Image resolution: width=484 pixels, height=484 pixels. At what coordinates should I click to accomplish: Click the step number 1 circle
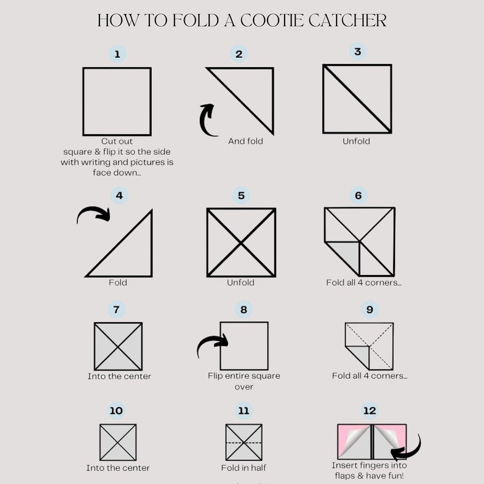click(117, 54)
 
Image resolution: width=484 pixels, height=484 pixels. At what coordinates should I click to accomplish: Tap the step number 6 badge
click(358, 196)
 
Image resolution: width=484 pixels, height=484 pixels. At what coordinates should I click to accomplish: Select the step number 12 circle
click(369, 410)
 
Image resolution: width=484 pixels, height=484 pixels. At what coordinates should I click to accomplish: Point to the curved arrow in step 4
click(93, 214)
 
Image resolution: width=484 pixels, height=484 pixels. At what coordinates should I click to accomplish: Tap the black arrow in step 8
click(212, 345)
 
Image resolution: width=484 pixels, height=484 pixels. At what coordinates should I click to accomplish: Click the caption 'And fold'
click(246, 141)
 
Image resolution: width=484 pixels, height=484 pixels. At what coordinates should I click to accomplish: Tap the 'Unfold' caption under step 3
click(357, 141)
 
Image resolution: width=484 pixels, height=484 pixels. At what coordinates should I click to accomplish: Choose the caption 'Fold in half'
click(244, 468)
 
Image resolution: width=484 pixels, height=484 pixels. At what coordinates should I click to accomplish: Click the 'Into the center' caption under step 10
click(118, 468)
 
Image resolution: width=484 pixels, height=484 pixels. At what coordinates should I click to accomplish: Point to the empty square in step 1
click(117, 101)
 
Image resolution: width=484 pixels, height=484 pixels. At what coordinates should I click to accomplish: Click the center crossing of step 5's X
click(241, 243)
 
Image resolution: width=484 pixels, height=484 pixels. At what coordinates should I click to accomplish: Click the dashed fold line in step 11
click(244, 442)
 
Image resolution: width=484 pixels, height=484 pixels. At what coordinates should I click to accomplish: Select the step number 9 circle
click(369, 310)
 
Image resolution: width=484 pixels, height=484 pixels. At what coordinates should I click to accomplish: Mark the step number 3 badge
click(357, 52)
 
